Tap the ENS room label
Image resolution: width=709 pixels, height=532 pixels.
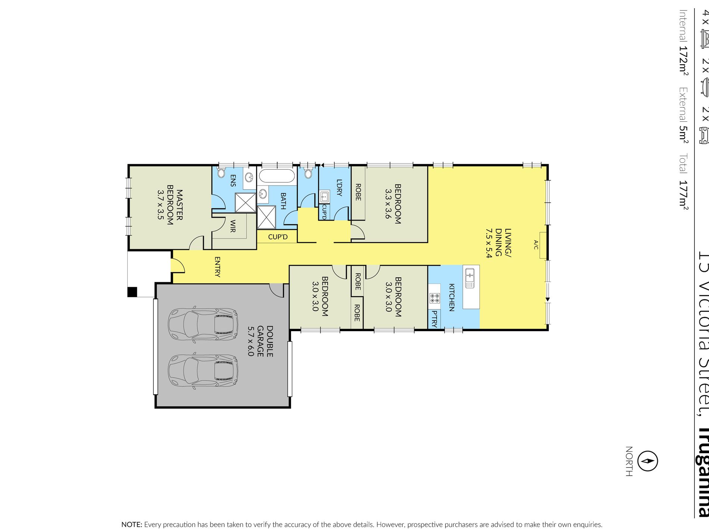pyautogui.click(x=233, y=180)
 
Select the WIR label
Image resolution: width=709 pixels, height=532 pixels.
pyautogui.click(x=232, y=226)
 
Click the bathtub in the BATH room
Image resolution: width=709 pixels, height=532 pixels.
pyautogui.click(x=277, y=176)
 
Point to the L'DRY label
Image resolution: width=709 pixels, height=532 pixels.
pyautogui.click(x=339, y=187)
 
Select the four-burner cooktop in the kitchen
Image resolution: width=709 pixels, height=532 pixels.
pyautogui.click(x=434, y=298)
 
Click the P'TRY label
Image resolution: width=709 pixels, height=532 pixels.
pyautogui.click(x=434, y=318)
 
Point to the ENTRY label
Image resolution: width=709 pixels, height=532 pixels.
pyautogui.click(x=217, y=267)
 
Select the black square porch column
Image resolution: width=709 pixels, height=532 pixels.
pyautogui.click(x=132, y=292)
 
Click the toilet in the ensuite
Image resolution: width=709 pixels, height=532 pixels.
pyautogui.click(x=221, y=173)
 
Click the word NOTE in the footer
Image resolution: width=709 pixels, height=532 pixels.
pyautogui.click(x=132, y=525)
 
